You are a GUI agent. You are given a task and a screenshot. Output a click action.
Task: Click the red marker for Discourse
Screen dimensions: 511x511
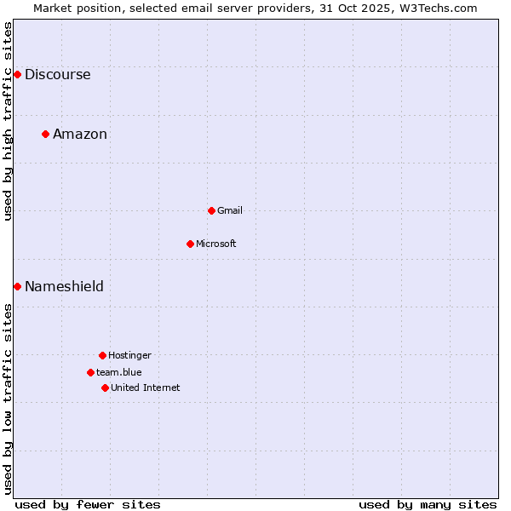[17, 74]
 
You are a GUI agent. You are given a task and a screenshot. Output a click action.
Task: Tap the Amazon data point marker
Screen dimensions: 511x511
[45, 134]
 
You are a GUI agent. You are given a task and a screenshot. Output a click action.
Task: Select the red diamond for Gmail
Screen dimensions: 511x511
[211, 210]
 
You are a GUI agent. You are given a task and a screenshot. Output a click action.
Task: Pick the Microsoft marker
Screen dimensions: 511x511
[190, 244]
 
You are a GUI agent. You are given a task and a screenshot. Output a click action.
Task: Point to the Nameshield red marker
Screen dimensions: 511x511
[17, 286]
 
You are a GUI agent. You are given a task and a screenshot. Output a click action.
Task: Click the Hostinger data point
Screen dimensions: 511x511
[102, 355]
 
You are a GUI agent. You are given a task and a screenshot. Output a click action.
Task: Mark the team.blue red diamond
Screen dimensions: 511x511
[90, 372]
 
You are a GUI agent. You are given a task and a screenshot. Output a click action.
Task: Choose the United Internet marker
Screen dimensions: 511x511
[105, 388]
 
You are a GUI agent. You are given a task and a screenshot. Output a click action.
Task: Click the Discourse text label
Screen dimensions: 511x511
[57, 74]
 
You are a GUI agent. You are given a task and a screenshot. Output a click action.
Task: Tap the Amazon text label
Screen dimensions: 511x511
[80, 134]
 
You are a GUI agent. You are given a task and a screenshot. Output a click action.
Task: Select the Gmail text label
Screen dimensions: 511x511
[230, 210]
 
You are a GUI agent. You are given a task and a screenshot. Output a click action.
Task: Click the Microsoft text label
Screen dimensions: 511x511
[216, 244]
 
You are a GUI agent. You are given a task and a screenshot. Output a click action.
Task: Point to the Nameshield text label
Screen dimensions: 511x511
[64, 286]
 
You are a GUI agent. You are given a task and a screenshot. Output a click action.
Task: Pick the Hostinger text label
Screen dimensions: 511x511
[129, 355]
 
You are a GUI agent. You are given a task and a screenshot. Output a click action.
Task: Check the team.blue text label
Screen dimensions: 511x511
[119, 372]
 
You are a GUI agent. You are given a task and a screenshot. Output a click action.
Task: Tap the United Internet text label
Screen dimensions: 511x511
[146, 388]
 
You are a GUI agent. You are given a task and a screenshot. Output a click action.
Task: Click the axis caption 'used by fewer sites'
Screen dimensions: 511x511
[88, 504]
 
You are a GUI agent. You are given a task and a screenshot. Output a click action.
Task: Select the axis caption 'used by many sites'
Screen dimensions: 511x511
[428, 504]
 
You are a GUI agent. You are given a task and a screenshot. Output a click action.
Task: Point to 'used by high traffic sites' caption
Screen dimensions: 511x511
[8, 121]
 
